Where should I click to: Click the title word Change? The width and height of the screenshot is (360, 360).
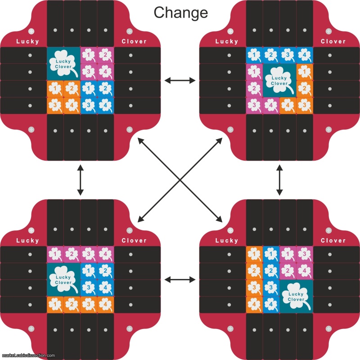(x=181, y=13)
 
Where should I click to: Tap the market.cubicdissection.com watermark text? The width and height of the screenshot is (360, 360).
(x=28, y=355)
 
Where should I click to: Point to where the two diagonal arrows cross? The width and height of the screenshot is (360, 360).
(x=180, y=180)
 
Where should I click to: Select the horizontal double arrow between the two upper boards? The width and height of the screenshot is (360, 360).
(x=180, y=81)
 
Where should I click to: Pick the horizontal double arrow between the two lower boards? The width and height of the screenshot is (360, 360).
(x=180, y=279)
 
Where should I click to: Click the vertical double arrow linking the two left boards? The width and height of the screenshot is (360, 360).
(x=81, y=180)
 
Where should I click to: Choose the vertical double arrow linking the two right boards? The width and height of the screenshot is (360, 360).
(x=279, y=180)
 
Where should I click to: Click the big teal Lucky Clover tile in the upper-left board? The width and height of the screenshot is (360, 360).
(x=63, y=63)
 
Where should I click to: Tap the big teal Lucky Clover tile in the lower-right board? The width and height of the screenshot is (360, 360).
(x=297, y=297)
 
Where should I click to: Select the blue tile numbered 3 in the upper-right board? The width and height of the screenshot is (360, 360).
(x=288, y=55)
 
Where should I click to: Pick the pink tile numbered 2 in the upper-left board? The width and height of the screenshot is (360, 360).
(x=105, y=55)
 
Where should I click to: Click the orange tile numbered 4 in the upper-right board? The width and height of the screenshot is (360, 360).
(x=288, y=106)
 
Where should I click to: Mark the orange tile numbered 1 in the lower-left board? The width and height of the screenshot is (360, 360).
(x=55, y=305)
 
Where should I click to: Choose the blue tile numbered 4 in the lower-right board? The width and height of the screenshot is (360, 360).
(x=271, y=305)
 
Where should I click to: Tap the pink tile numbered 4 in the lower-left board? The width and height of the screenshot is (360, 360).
(x=105, y=254)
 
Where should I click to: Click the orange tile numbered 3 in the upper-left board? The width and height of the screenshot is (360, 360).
(x=55, y=106)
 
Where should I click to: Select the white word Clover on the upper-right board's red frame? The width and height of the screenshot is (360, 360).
(x=333, y=41)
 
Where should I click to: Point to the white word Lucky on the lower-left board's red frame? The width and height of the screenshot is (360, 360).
(x=28, y=241)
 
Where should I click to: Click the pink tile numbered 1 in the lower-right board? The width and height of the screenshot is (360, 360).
(x=288, y=254)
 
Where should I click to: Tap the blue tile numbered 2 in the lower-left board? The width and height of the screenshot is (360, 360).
(x=105, y=271)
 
